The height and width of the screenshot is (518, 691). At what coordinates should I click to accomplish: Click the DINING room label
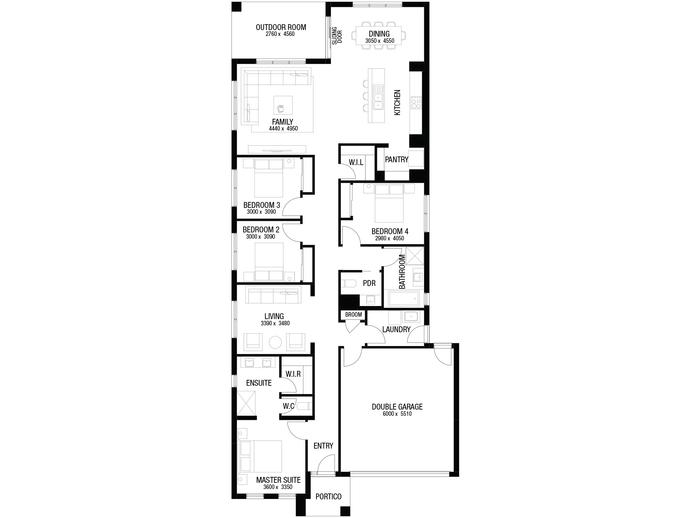click(379, 34)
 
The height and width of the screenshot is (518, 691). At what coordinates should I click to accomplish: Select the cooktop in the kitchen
click(416, 103)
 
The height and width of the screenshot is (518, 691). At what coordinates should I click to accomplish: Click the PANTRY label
click(397, 160)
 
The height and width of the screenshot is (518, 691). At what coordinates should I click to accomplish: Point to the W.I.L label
click(356, 162)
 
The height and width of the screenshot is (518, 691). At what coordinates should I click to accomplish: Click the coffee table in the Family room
click(283, 105)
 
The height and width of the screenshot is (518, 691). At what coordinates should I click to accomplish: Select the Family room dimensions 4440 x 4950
click(283, 129)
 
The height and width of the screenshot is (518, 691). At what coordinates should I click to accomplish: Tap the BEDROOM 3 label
click(262, 205)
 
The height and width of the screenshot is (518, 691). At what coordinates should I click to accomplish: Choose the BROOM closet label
click(353, 315)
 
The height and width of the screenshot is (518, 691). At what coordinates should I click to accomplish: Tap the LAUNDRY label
click(396, 329)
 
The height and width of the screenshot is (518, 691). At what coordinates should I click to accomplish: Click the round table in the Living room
click(275, 343)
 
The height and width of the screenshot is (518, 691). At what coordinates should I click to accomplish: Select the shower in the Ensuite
click(246, 403)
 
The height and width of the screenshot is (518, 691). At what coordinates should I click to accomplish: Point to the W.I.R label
click(293, 374)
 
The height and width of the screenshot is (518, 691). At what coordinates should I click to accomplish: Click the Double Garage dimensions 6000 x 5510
click(397, 414)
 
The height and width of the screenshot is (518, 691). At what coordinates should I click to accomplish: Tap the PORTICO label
click(329, 497)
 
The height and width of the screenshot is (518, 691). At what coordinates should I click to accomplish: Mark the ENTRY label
click(323, 446)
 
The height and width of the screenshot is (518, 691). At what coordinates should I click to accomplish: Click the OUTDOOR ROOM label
click(281, 27)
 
